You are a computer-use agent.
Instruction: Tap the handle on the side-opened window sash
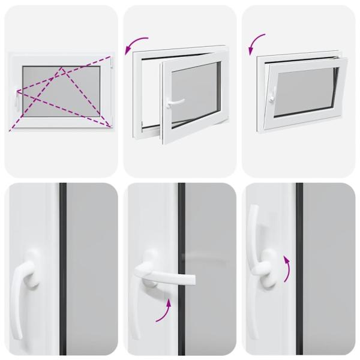click(173, 103)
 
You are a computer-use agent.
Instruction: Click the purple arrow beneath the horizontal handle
click(166, 311)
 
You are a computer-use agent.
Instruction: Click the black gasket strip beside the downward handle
click(62, 270)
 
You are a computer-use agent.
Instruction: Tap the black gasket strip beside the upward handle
click(299, 270)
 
